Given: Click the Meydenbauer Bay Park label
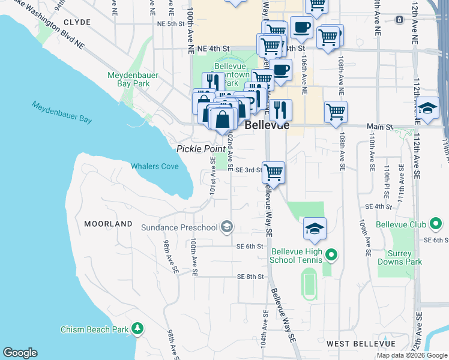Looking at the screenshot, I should pos(128,79).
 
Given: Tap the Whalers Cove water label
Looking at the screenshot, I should pos(155,166).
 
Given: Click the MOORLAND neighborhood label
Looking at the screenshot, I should pos(108,224).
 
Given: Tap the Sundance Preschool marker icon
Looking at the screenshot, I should pos(227,227).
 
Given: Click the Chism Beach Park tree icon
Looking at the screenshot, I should pos(138,329).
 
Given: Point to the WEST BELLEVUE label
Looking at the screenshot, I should pos(361,344).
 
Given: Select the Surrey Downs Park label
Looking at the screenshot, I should pos(400,257).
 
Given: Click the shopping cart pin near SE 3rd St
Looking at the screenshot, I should pos(273,172).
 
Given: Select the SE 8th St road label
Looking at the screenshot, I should pos(250,277).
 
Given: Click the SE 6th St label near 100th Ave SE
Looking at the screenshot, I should pos(250,247).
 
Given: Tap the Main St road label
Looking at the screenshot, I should pos(381,127).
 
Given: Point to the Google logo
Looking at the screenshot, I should pos(20,353).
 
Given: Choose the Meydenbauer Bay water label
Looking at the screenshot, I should pos(62,112).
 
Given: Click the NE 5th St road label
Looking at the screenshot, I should pos(170,23).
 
